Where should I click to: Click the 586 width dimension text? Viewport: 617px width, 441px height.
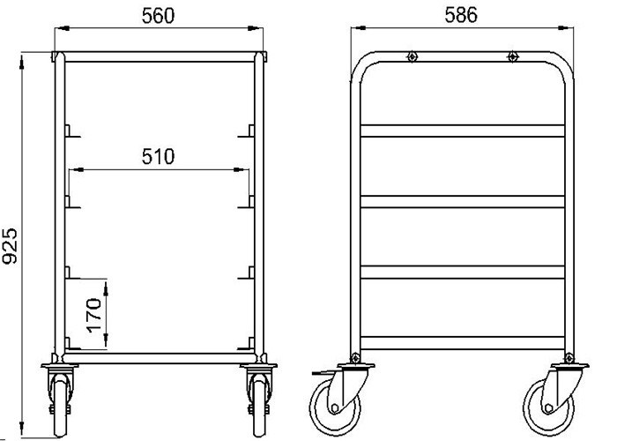point(462,15)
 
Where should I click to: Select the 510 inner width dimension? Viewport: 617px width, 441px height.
point(159,157)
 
